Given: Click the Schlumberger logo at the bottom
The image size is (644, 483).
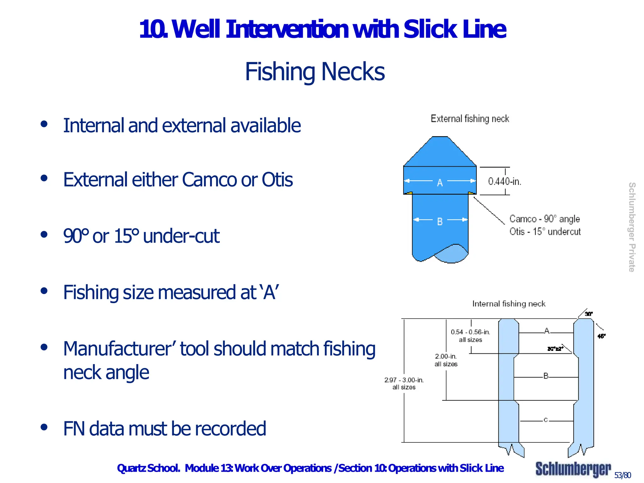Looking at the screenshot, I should pos(573,469).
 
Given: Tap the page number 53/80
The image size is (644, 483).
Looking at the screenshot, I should pos(622,475).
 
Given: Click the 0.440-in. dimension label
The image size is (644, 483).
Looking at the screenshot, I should pos(504,181).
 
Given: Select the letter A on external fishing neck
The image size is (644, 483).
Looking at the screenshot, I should pos(440,183).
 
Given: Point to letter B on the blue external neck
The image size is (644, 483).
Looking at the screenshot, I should pos(440,222).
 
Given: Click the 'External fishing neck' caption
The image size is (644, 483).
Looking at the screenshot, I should pos(469,119).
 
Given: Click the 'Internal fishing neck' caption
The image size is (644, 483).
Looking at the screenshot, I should pos(508,304).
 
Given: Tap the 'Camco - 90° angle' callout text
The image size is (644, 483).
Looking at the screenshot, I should pos(544,219).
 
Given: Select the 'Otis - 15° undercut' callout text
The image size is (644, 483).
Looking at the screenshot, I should pos(545,232).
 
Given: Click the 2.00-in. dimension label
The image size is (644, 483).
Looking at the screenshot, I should pos(446,356).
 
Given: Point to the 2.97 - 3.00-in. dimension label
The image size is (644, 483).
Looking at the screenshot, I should pos(404,380).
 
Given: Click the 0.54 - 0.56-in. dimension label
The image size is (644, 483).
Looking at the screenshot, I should pos(470,332).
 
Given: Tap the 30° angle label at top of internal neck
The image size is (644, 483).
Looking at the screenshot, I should pos(589,314).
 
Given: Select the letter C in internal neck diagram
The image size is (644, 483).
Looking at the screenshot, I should pos(546,420).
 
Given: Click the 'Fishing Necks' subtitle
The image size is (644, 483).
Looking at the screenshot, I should pos(315,72).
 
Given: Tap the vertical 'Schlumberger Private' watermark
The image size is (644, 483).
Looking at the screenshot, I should pos(631,227).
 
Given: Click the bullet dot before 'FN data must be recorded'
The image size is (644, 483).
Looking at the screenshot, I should pos(44,427).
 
